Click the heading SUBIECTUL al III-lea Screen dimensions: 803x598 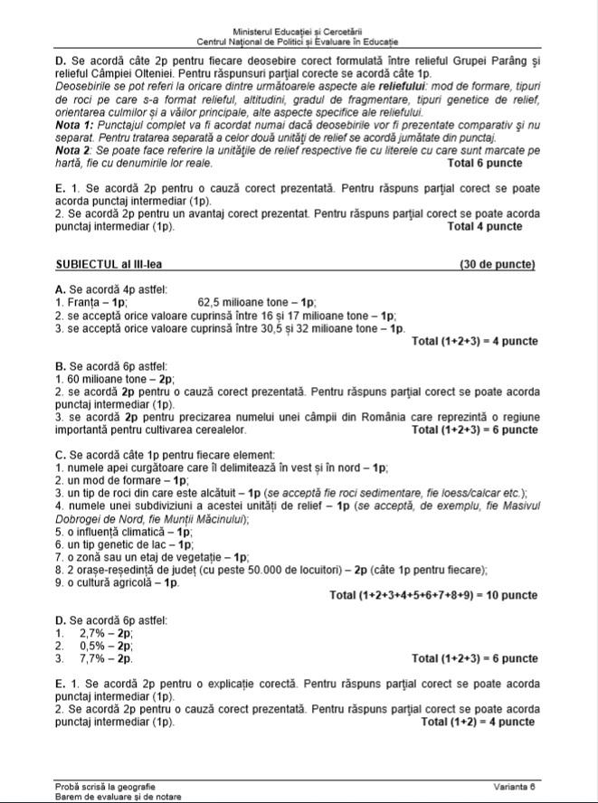click(109, 265)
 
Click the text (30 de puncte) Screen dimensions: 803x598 click(497, 265)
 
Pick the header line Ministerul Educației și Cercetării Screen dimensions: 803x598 click(298, 32)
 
